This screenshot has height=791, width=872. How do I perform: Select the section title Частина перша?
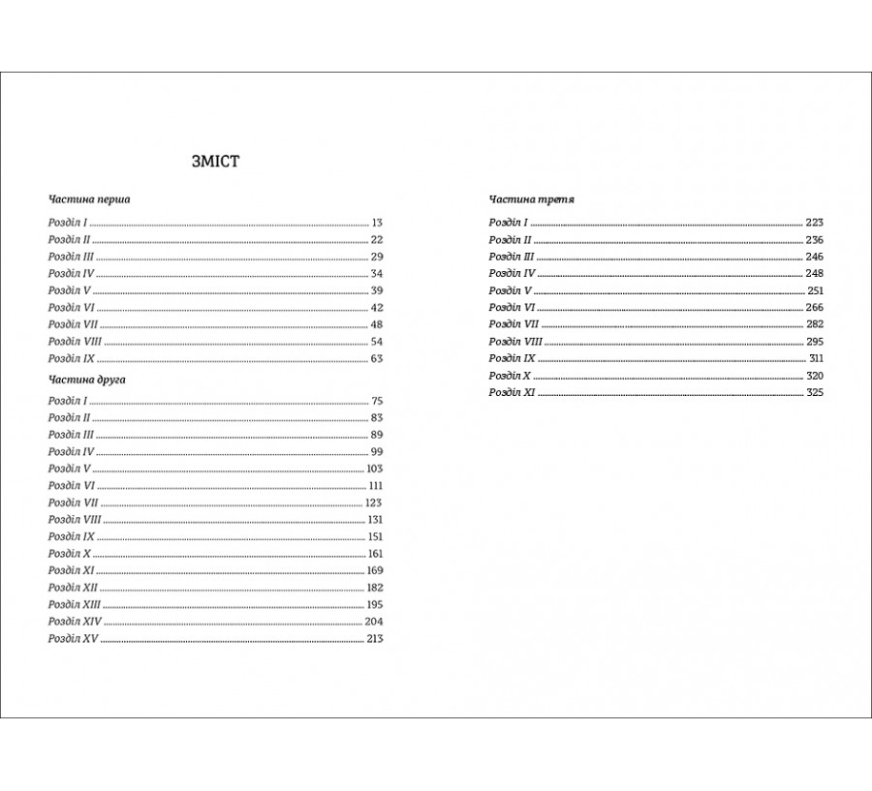89,199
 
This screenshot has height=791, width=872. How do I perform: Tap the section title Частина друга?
87,380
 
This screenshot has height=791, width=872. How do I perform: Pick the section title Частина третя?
533,199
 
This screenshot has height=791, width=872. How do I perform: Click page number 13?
377,223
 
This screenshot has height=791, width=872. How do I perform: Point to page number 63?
377,358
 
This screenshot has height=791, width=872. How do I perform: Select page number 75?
377,401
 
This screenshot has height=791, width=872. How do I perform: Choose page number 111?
376,486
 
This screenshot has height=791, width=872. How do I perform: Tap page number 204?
375,622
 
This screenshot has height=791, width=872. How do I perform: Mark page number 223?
814,223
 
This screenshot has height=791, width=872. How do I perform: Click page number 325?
814,393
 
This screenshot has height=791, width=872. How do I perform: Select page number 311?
815,358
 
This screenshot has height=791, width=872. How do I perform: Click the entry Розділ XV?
73,639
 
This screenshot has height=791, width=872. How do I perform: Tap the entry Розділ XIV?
75,622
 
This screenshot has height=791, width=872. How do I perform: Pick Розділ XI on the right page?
512,393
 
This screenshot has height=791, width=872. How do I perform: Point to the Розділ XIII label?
74,604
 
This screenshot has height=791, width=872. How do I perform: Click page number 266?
814,308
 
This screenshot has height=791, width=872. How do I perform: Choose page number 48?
377,324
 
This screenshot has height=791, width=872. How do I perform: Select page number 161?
376,554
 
